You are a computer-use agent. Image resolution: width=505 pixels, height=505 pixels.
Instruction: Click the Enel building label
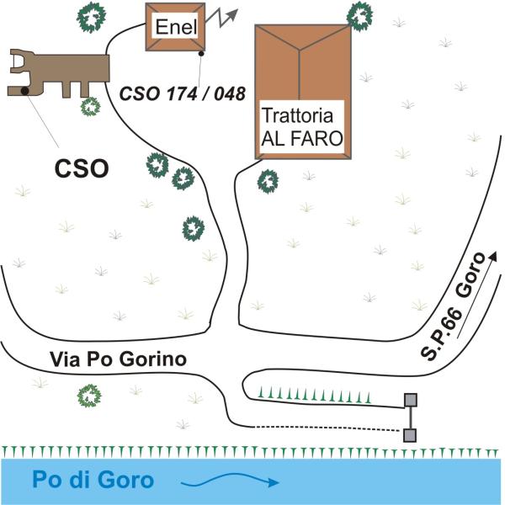[x=174, y=28]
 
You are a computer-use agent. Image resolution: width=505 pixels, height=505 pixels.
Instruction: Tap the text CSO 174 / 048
[x=183, y=92]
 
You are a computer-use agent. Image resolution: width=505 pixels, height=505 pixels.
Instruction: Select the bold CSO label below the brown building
[x=82, y=168]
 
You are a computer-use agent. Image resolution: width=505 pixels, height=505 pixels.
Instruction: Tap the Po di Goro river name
[x=93, y=481]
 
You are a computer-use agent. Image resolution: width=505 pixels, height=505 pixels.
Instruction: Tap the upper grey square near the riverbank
[x=411, y=400]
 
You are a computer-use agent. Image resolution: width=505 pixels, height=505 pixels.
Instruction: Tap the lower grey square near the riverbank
[x=411, y=434]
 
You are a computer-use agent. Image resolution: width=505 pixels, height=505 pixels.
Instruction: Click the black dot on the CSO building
[x=27, y=89]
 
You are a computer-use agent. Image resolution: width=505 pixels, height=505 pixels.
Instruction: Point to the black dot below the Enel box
[x=202, y=54]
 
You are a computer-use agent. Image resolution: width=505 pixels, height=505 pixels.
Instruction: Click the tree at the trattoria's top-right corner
[x=361, y=13]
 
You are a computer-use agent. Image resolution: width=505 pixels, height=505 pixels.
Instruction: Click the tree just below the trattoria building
[x=268, y=180]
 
